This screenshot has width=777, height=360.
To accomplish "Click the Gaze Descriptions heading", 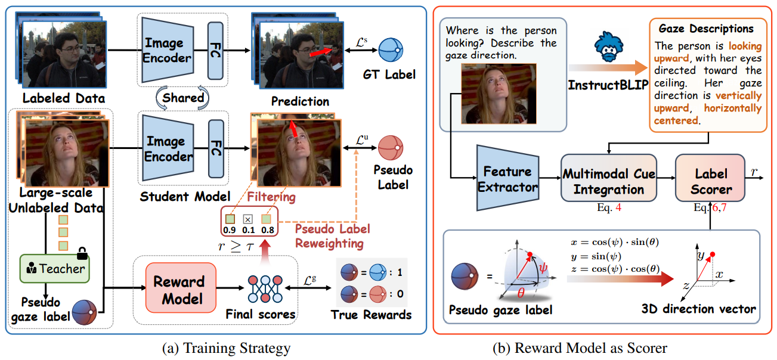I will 706,29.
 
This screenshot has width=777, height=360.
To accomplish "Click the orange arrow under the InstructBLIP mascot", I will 608,67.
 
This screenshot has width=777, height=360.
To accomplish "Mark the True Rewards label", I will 371,314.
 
